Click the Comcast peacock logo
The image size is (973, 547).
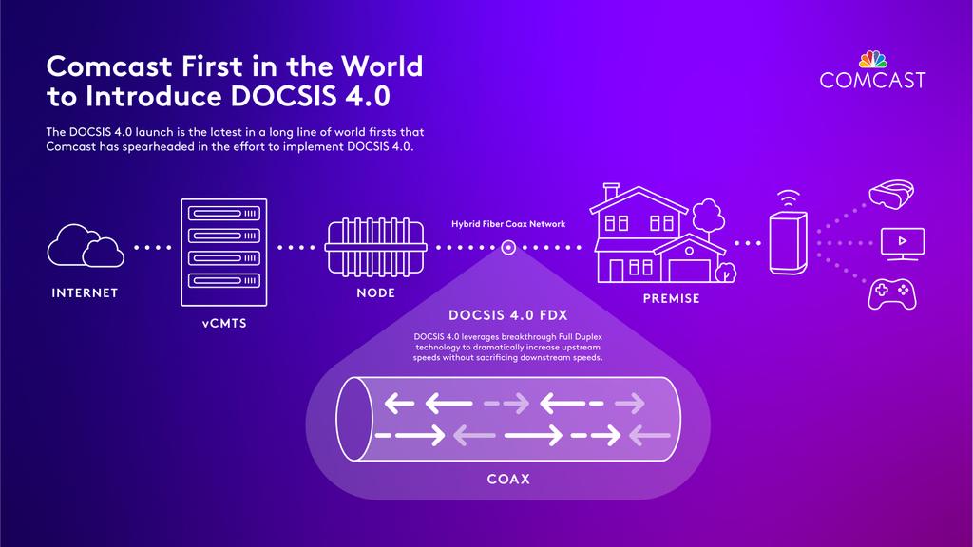pos(872,58)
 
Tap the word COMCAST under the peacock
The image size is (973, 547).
pos(872,81)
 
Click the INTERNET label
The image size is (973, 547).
pos(85,293)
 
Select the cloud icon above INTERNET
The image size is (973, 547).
pos(85,247)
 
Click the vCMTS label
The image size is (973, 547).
pos(224,324)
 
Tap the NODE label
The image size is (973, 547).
pos(375,293)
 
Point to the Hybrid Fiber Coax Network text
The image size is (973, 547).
pos(508,225)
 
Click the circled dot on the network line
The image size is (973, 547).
pos(508,248)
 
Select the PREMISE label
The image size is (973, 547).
pos(671,299)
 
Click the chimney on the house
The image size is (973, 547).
pos(612,192)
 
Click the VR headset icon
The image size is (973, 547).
pos(893,196)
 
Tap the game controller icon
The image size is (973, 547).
pos(893,293)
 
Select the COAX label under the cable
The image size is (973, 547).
pos(508,480)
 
